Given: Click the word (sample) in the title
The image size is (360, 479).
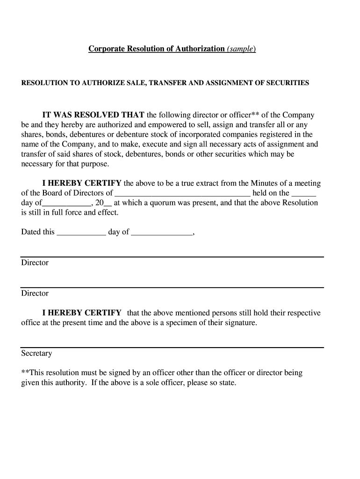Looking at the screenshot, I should (x=241, y=49).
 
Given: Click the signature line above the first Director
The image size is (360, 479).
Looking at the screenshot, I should (x=172, y=257).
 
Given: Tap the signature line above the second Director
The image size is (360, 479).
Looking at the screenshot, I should (x=172, y=287).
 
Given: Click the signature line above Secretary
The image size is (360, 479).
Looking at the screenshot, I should (x=172, y=348).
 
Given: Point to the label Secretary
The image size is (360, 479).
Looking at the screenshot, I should (x=36, y=354).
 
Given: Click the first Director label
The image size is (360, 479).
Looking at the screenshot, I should (x=35, y=263).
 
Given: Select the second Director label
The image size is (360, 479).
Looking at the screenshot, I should (x=35, y=293).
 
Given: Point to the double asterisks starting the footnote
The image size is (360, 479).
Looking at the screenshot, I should (x=25, y=373).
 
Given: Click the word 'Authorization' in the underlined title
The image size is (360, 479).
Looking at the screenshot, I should (x=200, y=49).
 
